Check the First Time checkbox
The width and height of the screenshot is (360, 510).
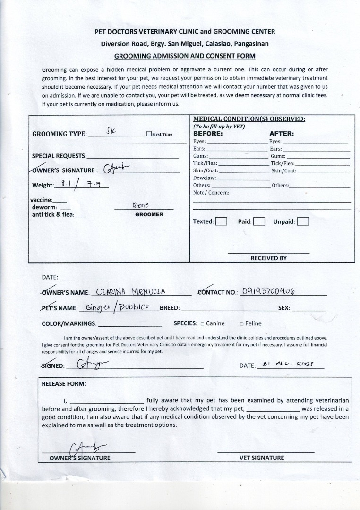pos(149,134)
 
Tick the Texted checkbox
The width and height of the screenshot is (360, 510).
pos(221,221)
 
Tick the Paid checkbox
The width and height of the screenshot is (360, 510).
pos(259,221)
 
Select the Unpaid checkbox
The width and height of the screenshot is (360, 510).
pos(303,221)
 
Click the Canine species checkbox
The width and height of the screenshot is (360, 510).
pos(202,324)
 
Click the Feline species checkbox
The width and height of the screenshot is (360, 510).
pos(241,324)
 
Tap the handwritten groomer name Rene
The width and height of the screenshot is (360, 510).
pos(141,205)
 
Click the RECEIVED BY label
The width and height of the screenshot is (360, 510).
pos(268,258)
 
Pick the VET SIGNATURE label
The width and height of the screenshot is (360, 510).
pos(261,458)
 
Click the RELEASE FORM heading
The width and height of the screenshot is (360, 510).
pos(64,384)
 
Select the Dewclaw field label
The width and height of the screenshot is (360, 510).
pos(205,178)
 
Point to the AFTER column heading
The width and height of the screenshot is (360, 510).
pos(282,134)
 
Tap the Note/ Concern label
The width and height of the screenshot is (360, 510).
pos(211,193)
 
